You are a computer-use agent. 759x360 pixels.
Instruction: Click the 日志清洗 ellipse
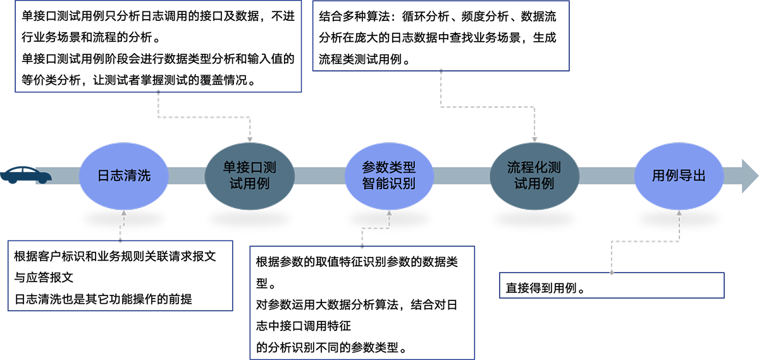tap(124, 175)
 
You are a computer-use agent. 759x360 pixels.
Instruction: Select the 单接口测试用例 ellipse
tap(250, 175)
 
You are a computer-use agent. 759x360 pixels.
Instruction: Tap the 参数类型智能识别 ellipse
tap(389, 175)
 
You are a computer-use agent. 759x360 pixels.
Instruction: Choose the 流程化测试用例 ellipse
tap(534, 175)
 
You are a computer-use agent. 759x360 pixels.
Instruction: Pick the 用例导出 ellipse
tap(679, 175)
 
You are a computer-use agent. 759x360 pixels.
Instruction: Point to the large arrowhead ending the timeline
tap(748, 175)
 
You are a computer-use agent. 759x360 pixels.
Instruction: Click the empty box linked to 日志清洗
tap(120, 275)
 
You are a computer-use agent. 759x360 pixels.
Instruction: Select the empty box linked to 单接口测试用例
tap(158, 46)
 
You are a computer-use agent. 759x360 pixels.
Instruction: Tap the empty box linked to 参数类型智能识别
tap(362, 302)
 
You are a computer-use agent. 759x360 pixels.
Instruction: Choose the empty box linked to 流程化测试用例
tap(441, 35)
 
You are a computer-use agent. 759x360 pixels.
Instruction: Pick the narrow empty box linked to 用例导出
tap(612, 285)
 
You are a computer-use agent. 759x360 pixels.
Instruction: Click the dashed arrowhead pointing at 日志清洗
tap(124, 214)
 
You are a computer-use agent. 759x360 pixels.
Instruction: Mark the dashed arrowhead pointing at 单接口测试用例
tap(250, 139)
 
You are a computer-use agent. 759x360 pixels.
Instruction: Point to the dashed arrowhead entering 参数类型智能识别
tap(389, 214)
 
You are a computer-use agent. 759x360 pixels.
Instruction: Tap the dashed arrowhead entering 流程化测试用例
tap(534, 139)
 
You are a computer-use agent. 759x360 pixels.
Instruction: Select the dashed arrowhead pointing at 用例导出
tap(679, 214)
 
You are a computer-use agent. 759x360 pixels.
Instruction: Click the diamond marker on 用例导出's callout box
tap(612, 273)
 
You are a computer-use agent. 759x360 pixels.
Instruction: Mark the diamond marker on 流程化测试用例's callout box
tap(441, 71)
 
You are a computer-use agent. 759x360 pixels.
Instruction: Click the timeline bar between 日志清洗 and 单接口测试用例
tap(187, 175)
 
